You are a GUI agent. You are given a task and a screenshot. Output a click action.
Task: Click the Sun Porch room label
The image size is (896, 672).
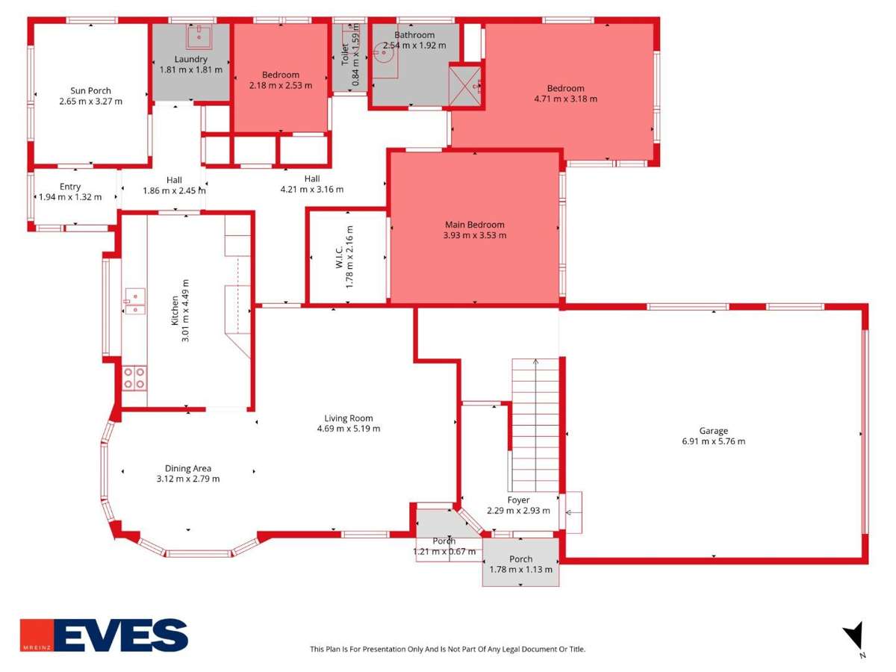click(x=90, y=90)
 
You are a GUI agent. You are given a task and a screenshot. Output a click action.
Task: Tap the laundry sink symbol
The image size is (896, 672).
click(x=199, y=35)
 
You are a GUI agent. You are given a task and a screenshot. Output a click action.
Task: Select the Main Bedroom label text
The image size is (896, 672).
click(x=474, y=225)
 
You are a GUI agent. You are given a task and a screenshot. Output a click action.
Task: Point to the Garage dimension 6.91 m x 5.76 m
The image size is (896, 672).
click(x=713, y=441)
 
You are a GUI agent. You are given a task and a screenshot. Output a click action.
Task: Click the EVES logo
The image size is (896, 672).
click(x=104, y=635)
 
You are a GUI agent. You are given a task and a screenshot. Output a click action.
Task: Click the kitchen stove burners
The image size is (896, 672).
click(x=134, y=378)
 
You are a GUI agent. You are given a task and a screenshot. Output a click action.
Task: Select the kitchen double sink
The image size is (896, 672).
click(x=134, y=301)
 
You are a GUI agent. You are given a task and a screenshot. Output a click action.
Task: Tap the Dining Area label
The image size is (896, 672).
click(x=187, y=468)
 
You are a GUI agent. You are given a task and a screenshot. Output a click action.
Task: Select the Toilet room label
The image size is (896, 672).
click(x=345, y=55)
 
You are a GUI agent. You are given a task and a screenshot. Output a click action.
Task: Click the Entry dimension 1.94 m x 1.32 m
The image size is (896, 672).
click(x=70, y=197)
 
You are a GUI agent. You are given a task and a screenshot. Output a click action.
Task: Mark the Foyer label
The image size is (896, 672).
click(x=518, y=500)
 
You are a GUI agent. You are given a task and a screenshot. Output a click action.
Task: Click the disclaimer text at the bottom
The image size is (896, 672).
click(x=447, y=649)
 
